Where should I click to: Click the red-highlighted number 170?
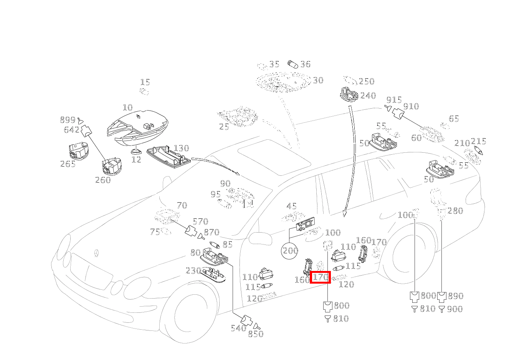(x=320, y=277)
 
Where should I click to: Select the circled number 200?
(x=290, y=251)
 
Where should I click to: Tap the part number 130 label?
(x=181, y=148)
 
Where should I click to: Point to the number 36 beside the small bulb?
(x=305, y=64)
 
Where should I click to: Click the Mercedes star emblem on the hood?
(x=96, y=254)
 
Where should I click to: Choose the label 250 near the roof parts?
(x=366, y=81)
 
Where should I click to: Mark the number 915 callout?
(x=393, y=99)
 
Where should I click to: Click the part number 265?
(x=68, y=164)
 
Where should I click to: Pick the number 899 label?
(x=68, y=120)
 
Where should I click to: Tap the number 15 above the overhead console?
(x=145, y=82)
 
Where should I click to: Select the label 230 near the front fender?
(x=193, y=271)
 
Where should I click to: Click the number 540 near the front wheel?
(x=238, y=328)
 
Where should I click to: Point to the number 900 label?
(x=454, y=309)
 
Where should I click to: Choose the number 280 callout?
(x=455, y=211)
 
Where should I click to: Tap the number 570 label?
(x=200, y=221)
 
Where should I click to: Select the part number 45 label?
(x=292, y=206)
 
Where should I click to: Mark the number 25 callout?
(x=224, y=127)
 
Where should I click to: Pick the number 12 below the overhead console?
(x=136, y=159)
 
